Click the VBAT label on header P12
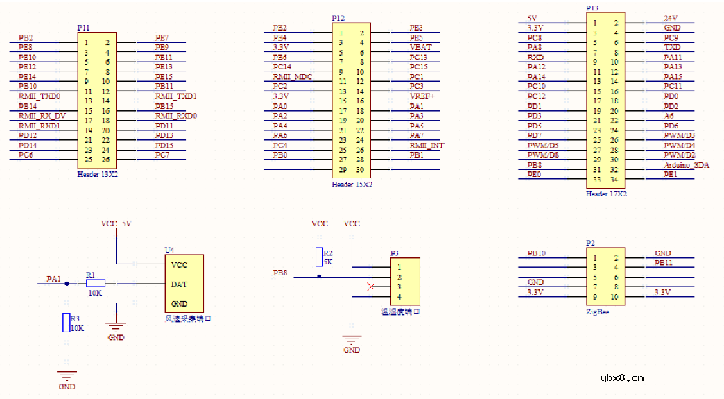tap(420, 47)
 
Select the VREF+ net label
tap(422, 96)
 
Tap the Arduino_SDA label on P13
tap(687, 165)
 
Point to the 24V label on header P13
tap(671, 18)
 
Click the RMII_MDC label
tap(292, 76)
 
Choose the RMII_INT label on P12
tap(426, 145)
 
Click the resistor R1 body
tap(95, 283)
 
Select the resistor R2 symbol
tap(319, 256)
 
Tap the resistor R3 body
tap(67, 323)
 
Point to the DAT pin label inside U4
tap(178, 284)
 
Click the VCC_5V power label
tap(116, 223)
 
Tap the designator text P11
tap(83, 27)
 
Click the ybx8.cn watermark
tap(621, 378)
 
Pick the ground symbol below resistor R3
tap(67, 375)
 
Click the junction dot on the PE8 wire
tap(319, 277)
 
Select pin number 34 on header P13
tap(614, 180)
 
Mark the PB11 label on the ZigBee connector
tap(664, 263)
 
